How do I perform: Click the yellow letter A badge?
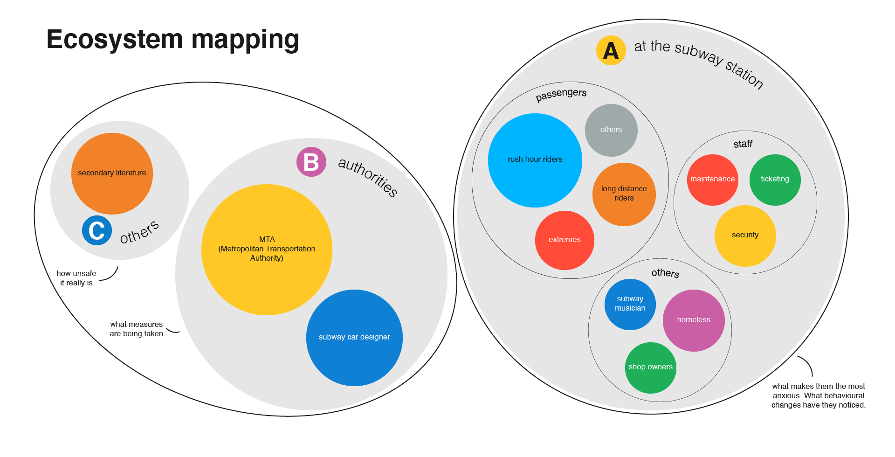[x=611, y=50]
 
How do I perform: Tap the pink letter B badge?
[x=311, y=162]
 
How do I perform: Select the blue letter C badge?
[x=97, y=230]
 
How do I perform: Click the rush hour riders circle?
[x=535, y=160]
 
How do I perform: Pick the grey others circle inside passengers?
[x=611, y=130]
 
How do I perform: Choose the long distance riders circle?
[x=624, y=194]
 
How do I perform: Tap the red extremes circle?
[x=564, y=240]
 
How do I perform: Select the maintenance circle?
[x=712, y=180]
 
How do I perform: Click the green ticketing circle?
[x=775, y=180]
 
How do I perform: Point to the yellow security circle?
[x=745, y=235]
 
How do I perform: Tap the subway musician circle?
[x=630, y=304]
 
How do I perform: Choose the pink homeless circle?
[x=693, y=320]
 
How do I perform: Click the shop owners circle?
[x=650, y=367]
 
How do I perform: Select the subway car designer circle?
[x=354, y=337]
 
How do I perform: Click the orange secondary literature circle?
[x=112, y=173]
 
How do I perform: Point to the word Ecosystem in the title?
[x=115, y=40]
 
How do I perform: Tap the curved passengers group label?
[x=561, y=94]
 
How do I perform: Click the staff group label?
[x=743, y=144]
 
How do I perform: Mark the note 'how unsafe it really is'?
[x=76, y=278]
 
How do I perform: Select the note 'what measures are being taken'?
[x=137, y=329]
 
